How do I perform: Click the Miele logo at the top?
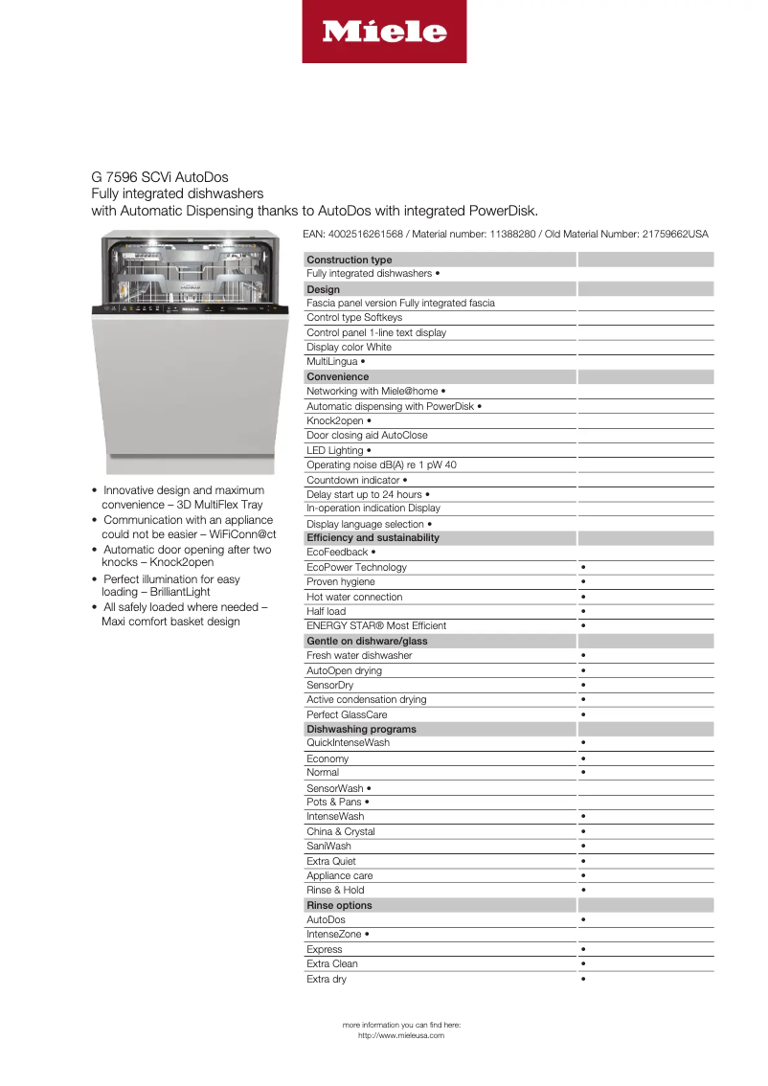point(384,32)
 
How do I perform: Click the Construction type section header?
point(349,260)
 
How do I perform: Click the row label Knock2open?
point(335,420)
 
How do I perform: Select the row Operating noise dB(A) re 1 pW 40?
point(381,464)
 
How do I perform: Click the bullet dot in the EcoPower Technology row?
point(583,567)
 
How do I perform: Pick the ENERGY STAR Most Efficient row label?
point(376,625)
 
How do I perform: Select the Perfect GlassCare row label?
point(347,714)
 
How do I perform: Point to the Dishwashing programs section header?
point(361,729)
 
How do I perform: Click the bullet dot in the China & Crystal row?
point(583,831)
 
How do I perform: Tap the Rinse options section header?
point(339,905)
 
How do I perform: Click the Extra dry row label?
point(327,979)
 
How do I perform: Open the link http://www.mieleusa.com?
point(401,1035)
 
